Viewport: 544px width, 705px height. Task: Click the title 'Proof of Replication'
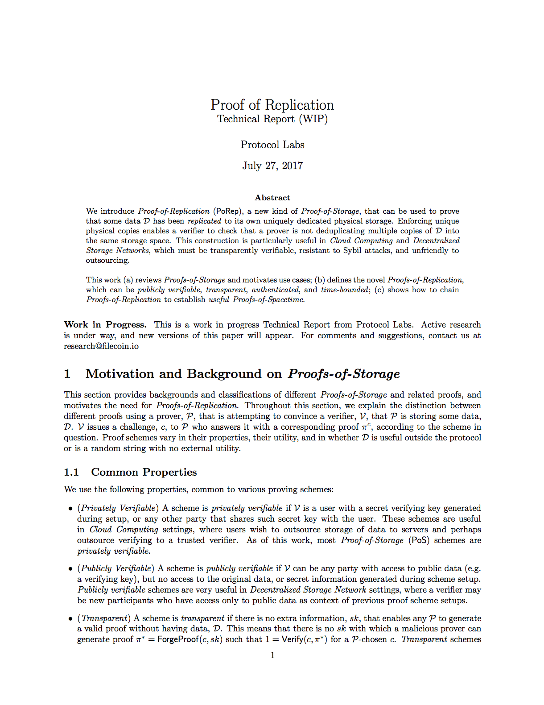272,105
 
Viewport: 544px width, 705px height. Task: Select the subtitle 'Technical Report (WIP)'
272,119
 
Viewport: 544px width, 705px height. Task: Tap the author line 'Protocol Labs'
272,145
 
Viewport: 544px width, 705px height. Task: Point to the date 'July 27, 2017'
272,166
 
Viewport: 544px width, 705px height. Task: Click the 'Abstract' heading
272,198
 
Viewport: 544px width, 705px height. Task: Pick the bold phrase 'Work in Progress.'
105,324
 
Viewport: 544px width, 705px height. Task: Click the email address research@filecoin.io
101,346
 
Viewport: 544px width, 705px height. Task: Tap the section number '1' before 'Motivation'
67,374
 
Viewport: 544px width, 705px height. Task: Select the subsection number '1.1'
71,472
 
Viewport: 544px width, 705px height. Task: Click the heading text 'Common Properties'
144,472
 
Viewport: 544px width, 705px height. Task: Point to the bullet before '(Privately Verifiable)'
70,509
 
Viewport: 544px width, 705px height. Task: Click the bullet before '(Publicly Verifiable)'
70,569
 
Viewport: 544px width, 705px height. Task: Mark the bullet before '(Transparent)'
70,619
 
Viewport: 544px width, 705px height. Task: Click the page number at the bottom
272,655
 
